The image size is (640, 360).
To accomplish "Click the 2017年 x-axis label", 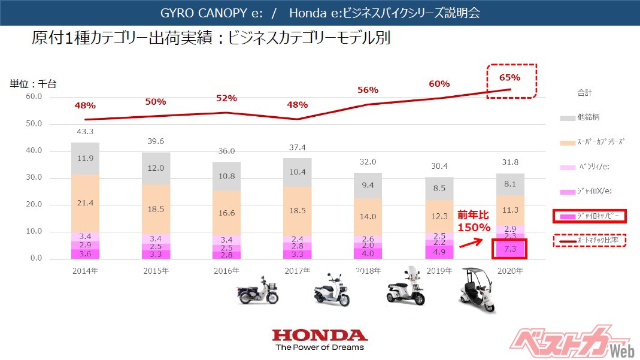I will (x=298, y=271).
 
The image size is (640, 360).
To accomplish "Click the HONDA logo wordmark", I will (x=320, y=335).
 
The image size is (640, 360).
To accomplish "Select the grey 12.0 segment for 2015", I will (x=156, y=168).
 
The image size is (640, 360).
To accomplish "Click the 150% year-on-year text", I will (x=474, y=228).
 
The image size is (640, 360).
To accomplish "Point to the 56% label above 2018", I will (x=368, y=90).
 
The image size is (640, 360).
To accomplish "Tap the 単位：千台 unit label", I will (x=34, y=84).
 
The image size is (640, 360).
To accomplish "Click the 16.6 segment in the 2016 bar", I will (x=227, y=213).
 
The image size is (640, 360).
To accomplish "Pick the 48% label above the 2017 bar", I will (x=297, y=105).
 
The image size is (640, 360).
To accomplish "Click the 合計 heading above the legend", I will (x=584, y=93).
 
